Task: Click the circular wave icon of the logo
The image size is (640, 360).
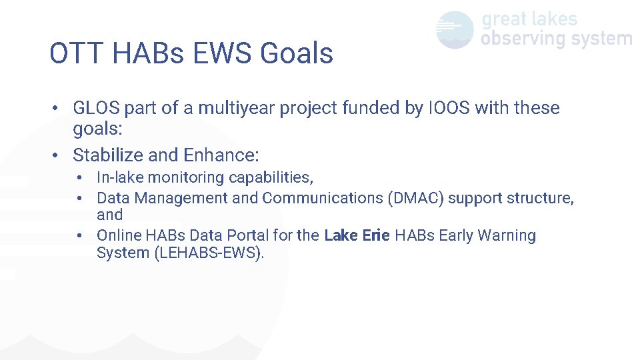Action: click(x=455, y=30)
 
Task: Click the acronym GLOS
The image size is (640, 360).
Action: click(x=96, y=108)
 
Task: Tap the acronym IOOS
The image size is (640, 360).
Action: click(x=447, y=108)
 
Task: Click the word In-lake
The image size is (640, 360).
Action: click(x=120, y=177)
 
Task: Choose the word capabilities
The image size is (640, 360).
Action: click(x=272, y=178)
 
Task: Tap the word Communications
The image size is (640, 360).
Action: click(x=322, y=198)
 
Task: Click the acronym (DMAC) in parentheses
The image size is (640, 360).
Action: click(x=415, y=198)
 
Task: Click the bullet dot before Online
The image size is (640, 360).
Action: click(x=79, y=235)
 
